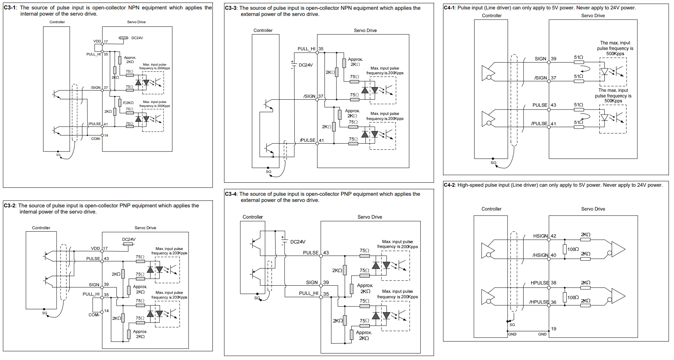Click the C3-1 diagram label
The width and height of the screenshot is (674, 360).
click(x=11, y=8)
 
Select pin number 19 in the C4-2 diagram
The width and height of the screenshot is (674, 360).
click(x=554, y=329)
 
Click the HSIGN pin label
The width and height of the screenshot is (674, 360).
click(x=540, y=236)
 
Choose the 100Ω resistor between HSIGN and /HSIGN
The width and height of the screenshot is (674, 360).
click(x=565, y=249)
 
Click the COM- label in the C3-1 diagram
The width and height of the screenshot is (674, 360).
click(x=96, y=139)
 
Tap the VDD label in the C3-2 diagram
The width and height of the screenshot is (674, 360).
click(x=95, y=249)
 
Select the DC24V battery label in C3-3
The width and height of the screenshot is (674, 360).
click(x=305, y=65)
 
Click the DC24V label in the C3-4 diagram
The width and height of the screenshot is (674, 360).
click(x=298, y=242)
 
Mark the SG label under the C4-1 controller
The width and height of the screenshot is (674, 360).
click(x=493, y=163)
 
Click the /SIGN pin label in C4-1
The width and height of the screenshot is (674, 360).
click(x=541, y=78)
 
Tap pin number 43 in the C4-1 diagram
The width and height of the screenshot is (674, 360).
click(x=553, y=105)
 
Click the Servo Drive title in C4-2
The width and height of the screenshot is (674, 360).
click(x=593, y=209)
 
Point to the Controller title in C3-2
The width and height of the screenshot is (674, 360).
click(x=41, y=228)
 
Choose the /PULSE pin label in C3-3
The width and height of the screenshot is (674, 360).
click(x=307, y=141)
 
